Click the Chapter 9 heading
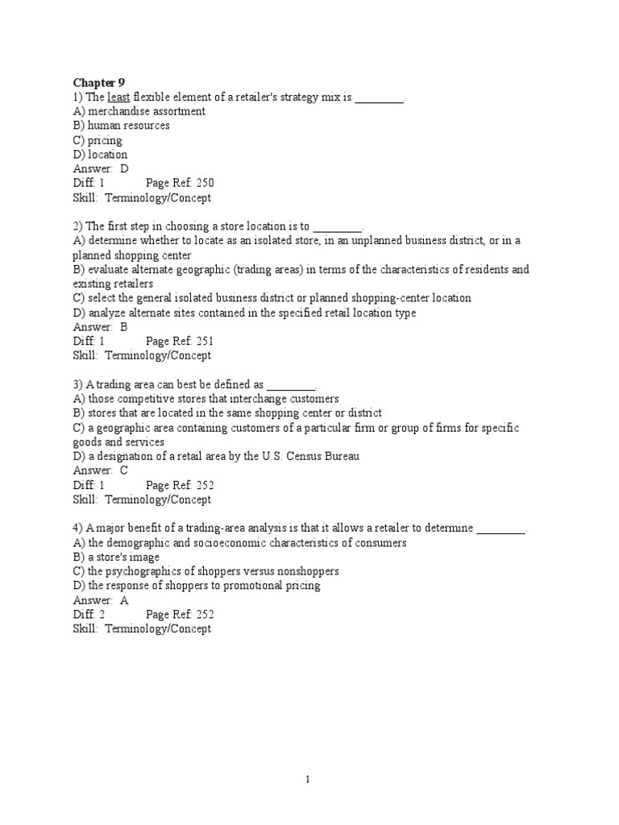click(x=99, y=82)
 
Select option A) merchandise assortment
click(x=139, y=111)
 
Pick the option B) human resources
click(x=121, y=126)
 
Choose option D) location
click(x=100, y=155)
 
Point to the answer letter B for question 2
click(x=124, y=327)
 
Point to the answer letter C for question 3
click(x=124, y=471)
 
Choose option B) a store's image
click(x=116, y=557)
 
